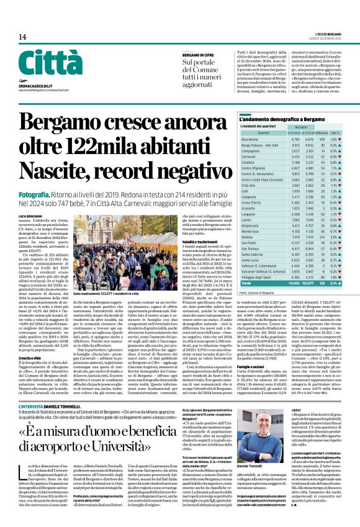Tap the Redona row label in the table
coord(248,237)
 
